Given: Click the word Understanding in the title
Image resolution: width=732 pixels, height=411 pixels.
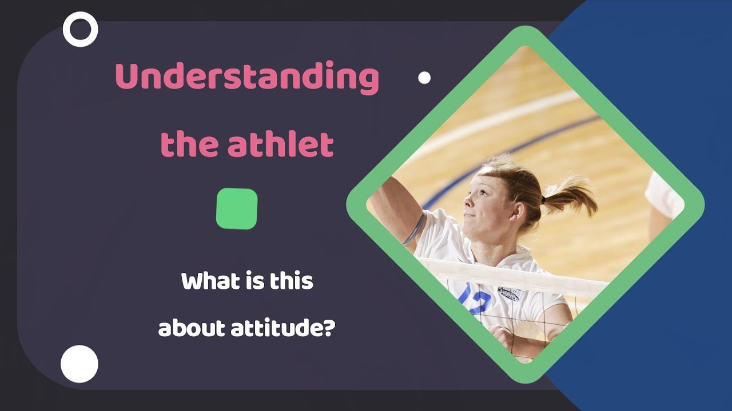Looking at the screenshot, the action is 247,77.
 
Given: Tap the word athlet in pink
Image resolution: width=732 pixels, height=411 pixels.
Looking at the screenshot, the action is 281,143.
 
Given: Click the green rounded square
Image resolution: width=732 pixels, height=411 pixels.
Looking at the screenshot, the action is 237,209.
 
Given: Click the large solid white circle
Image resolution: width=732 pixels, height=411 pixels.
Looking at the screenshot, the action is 79,364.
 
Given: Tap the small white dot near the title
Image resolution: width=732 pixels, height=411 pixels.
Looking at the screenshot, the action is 424,78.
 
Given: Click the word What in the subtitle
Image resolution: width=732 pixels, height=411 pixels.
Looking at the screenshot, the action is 211,281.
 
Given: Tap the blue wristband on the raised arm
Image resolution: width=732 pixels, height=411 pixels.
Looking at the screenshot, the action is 415,229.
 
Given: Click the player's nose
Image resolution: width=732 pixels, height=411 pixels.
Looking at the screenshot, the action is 468,202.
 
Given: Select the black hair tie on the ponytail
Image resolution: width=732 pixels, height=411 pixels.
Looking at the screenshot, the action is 543,200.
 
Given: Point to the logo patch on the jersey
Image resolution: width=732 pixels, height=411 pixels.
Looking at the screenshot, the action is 511,293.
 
